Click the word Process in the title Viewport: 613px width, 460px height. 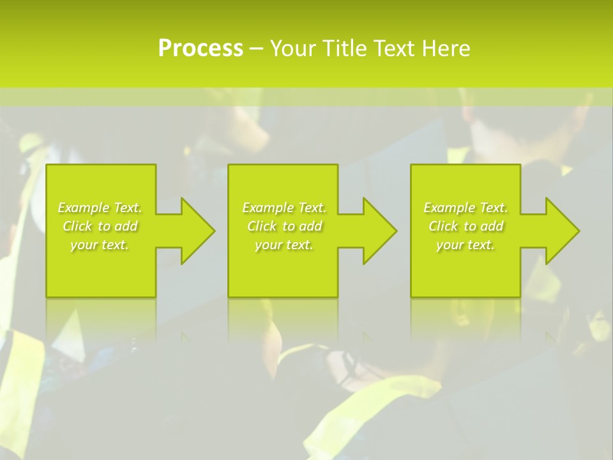coord(201,49)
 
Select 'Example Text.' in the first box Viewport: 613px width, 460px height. coord(100,208)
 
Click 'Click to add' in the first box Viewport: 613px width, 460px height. coord(100,226)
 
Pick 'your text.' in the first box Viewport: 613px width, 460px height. coord(100,245)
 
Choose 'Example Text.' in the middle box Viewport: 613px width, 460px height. coord(284,208)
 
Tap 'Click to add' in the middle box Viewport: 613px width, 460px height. coord(284,226)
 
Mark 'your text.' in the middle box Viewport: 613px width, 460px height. coord(284,245)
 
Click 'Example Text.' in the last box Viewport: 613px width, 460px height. coord(465,208)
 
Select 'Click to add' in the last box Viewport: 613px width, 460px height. coord(466,226)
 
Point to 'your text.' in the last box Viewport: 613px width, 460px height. coord(465,245)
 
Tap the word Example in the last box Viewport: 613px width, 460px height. coord(450,208)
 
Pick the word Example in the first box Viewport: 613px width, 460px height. coord(84,208)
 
